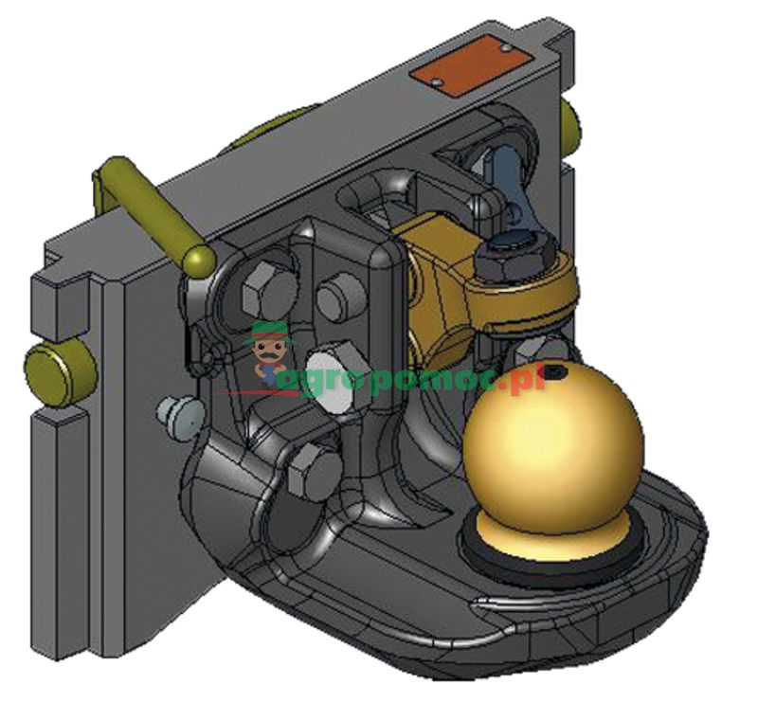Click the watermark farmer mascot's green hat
[x=269, y=332]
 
